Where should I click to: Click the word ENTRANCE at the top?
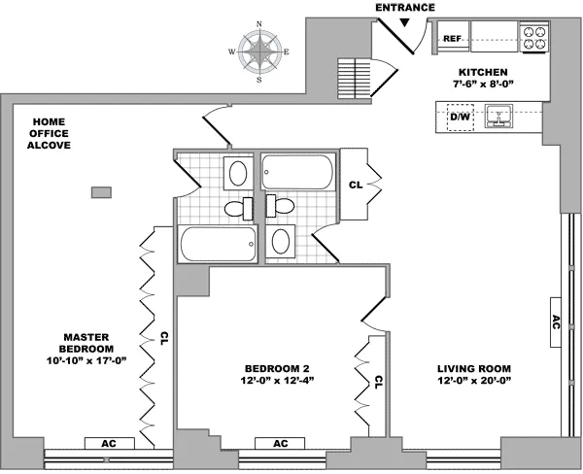click(405, 8)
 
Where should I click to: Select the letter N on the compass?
click(258, 24)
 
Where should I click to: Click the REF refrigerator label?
click(451, 39)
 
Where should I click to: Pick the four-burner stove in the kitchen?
click(534, 37)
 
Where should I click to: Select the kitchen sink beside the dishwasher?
click(498, 118)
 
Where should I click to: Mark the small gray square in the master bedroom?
click(100, 191)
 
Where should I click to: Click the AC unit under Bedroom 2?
click(281, 443)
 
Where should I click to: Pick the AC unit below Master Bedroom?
click(109, 443)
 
